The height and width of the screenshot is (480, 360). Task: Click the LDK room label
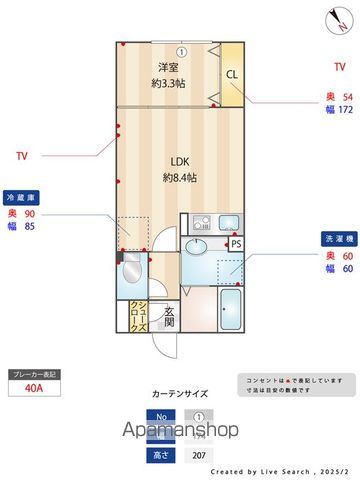tap(179, 161)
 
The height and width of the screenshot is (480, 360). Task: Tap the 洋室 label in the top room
tap(166, 67)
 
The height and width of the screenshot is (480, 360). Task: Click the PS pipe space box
tap(236, 243)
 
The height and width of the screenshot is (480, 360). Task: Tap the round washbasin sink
tap(199, 247)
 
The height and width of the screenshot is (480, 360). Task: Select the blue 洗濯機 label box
tap(335, 239)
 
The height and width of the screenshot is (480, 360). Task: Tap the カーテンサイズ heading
tap(180, 393)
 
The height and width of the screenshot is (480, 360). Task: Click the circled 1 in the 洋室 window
tap(182, 51)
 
